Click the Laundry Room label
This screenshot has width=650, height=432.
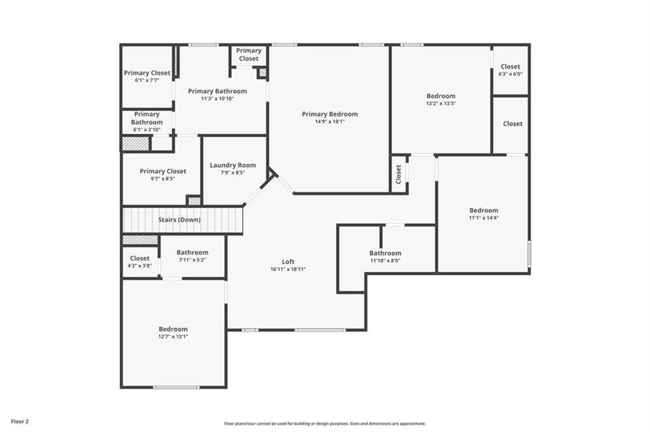tap(232, 165)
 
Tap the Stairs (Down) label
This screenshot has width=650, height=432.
tap(179, 219)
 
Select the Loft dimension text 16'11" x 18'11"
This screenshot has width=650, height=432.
tap(288, 269)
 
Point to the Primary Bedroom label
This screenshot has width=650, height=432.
tap(329, 114)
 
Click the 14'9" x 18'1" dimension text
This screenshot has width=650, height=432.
tap(329, 122)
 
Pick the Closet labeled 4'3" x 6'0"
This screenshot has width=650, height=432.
tap(510, 66)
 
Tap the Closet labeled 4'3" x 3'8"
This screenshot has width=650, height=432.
tap(140, 258)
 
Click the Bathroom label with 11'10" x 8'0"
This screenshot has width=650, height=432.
tap(385, 253)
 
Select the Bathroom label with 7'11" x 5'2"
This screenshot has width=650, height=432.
tap(192, 252)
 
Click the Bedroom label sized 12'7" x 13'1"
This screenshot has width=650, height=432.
tap(173, 329)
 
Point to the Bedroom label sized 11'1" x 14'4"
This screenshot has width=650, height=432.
tap(484, 210)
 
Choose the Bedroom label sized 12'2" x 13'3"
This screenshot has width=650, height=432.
tap(441, 96)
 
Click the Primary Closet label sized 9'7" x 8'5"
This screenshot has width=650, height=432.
tap(163, 171)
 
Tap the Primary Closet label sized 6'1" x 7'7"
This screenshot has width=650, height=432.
tap(147, 73)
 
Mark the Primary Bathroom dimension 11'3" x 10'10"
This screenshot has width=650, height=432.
tap(218, 98)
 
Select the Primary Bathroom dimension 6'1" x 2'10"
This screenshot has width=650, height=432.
tap(147, 129)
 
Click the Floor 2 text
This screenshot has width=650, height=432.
tap(20, 422)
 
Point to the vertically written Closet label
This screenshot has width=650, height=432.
tap(399, 174)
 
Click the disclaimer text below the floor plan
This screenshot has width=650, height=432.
tap(325, 424)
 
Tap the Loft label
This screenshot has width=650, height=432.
tap(288, 262)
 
